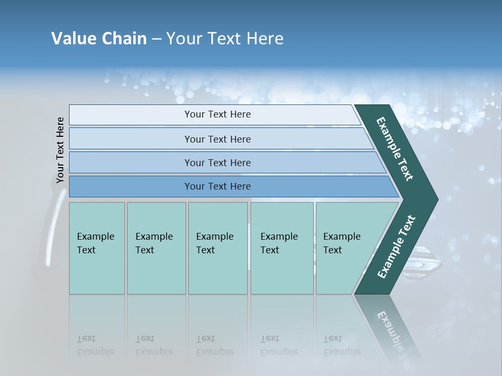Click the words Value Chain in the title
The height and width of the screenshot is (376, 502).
point(99,39)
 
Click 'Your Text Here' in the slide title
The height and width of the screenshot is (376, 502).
point(225,39)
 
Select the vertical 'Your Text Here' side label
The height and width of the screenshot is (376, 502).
point(60,150)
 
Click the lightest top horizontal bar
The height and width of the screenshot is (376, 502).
point(131,115)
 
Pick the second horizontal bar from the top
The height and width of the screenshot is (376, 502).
point(131,139)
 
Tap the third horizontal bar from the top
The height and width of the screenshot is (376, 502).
point(131,162)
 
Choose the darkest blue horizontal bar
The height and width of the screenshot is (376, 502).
point(131,186)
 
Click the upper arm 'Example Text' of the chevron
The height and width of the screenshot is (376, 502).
point(395,149)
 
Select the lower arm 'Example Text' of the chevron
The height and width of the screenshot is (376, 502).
point(396,247)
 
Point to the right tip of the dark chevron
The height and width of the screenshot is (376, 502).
point(437,199)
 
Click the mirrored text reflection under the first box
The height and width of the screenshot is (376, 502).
point(96,345)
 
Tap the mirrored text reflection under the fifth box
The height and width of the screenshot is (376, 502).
point(341,345)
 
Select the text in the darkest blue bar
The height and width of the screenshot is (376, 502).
point(218,186)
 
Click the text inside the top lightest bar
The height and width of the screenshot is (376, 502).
point(218,114)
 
